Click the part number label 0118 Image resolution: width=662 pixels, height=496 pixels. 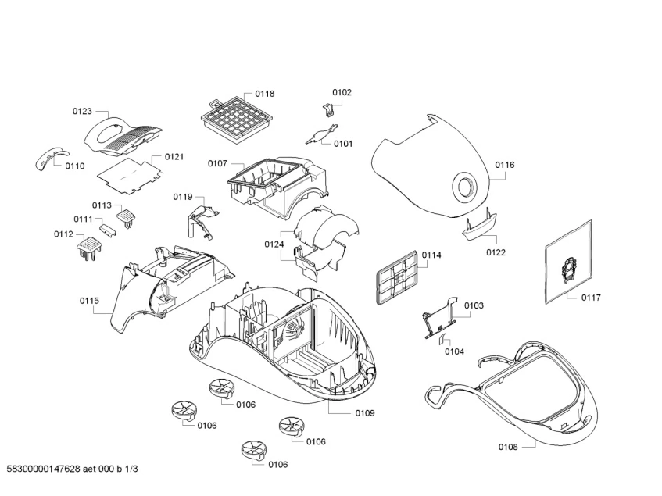[x=264, y=94]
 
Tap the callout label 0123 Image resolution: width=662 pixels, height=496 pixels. [x=83, y=112]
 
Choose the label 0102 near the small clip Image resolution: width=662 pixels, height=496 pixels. [x=342, y=92]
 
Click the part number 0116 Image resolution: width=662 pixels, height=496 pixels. [x=504, y=165]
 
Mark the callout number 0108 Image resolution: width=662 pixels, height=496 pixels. [x=508, y=447]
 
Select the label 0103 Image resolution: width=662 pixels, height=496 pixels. [x=474, y=305]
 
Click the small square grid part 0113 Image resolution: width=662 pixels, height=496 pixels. [x=126, y=213]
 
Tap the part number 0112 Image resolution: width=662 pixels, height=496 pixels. [x=63, y=234]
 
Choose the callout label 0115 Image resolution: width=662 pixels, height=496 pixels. [x=89, y=300]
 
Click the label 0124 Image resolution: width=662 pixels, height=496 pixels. [x=274, y=244]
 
